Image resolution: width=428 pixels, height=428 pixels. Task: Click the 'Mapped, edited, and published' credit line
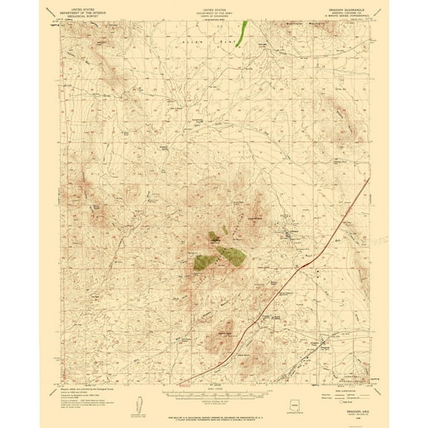coord(82,389)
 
